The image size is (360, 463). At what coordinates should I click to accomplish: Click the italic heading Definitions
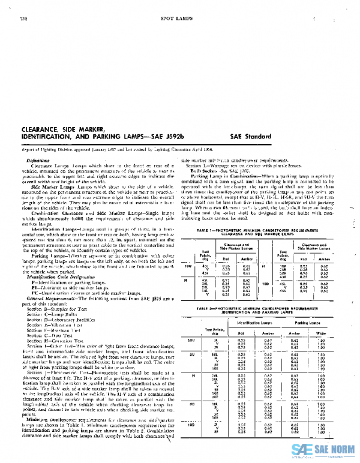(x=38, y=161)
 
